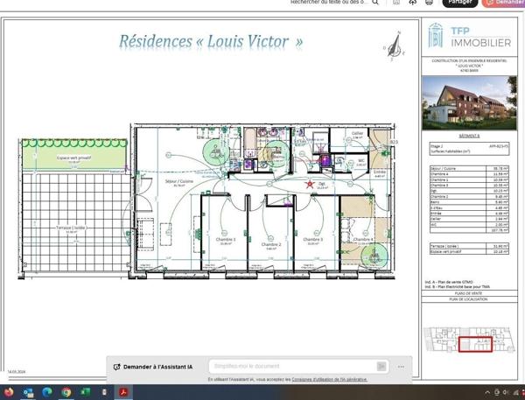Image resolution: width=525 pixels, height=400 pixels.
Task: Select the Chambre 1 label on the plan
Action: [x=227, y=239]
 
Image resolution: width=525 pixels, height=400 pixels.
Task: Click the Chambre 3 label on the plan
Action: [x=313, y=239]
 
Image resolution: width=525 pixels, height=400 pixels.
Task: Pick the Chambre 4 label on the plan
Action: [x=363, y=239]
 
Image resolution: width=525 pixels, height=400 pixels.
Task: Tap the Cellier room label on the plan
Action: [x=357, y=134]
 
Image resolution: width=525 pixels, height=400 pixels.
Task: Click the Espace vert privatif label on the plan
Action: [x=73, y=158]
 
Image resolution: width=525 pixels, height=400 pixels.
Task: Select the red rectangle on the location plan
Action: [x=475, y=345]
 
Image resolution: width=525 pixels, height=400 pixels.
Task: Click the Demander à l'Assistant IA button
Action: [x=159, y=366]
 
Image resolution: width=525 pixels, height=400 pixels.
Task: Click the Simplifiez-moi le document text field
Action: [x=293, y=366]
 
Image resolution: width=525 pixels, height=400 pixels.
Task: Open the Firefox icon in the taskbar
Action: [x=27, y=391]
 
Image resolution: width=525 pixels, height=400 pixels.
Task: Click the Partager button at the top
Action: [x=459, y=3]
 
